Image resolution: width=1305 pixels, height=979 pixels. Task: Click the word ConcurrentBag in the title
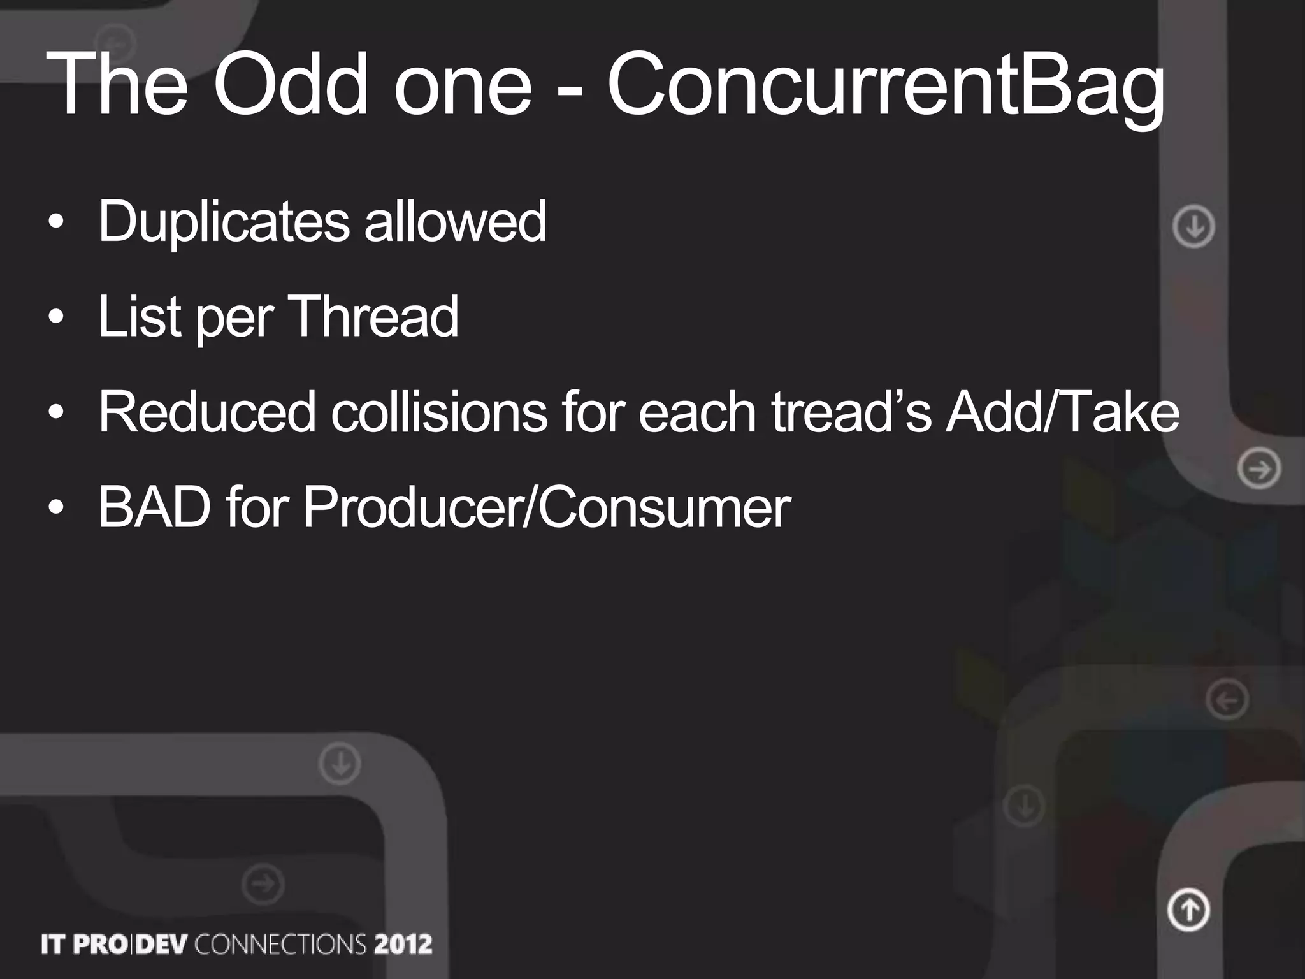click(x=886, y=85)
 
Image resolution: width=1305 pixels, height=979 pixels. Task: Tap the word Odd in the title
click(x=290, y=85)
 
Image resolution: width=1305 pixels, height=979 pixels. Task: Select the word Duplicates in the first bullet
click(x=224, y=222)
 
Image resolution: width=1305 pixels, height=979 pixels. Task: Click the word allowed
click(x=455, y=222)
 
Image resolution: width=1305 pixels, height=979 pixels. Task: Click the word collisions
click(x=438, y=412)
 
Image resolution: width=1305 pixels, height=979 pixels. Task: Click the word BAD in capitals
click(x=154, y=507)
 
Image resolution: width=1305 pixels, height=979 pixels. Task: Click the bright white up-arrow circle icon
click(x=1188, y=909)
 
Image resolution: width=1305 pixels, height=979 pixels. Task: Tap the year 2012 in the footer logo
click(x=403, y=944)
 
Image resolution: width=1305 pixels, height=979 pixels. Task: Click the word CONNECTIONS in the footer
click(x=280, y=944)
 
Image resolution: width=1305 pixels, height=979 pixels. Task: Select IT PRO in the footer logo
click(x=83, y=944)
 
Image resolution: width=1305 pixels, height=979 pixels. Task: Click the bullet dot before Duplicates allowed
click(x=56, y=222)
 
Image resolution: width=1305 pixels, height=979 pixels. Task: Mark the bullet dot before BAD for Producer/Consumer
click(x=56, y=508)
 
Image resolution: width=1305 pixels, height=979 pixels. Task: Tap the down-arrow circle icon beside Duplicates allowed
click(x=1193, y=226)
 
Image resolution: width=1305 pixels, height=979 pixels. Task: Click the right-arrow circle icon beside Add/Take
click(x=1259, y=469)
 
